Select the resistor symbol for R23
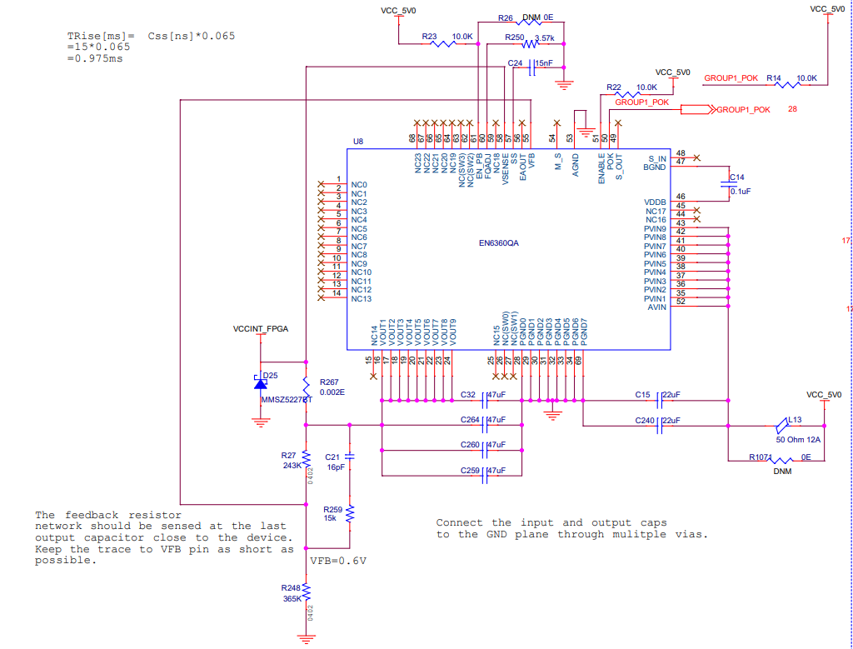(443, 44)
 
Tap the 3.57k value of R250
(544, 38)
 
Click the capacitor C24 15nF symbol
(531, 70)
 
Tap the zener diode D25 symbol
(261, 382)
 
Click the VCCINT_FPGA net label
(261, 329)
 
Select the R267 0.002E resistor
(307, 387)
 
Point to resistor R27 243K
(307, 459)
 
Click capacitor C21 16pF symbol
(350, 457)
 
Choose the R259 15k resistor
(350, 512)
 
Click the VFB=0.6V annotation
(338, 560)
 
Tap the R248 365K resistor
(307, 592)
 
